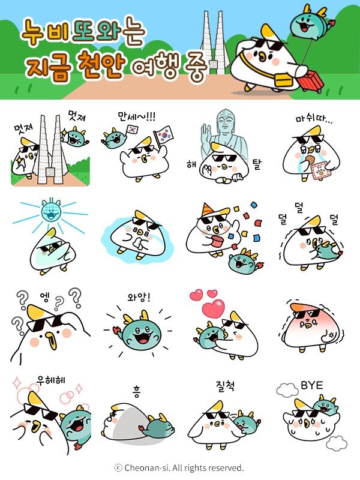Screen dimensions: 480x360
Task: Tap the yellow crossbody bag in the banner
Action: pos(283,78)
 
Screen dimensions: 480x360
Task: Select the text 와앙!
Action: pos(140,297)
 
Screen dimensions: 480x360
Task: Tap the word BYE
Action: pos(312,385)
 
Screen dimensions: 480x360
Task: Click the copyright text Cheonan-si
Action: pos(180,467)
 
